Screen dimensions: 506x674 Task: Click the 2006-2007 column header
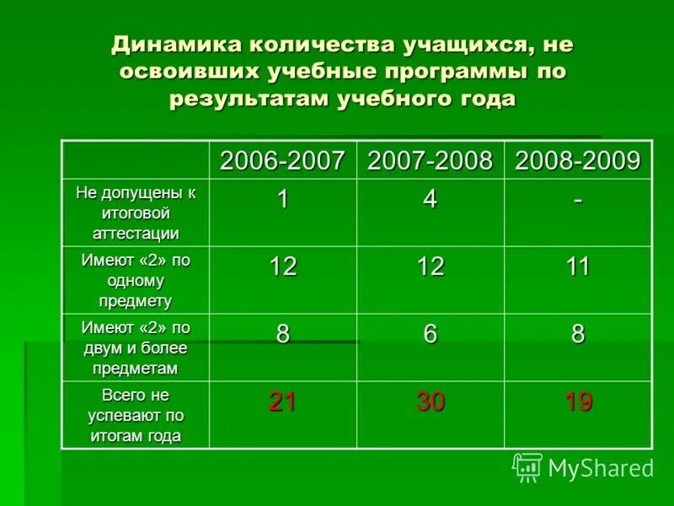click(x=283, y=160)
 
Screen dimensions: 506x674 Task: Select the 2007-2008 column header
click(x=430, y=160)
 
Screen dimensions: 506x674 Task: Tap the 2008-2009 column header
click(x=578, y=160)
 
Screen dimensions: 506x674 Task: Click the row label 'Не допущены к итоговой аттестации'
click(x=136, y=213)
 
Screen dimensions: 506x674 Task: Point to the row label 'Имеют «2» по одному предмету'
click(x=136, y=280)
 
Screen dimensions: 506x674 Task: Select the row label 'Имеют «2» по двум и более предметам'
click(x=136, y=347)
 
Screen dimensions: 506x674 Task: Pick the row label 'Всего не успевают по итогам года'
click(x=136, y=415)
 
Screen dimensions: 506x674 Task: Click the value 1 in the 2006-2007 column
click(x=283, y=200)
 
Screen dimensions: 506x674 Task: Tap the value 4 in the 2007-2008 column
click(x=430, y=200)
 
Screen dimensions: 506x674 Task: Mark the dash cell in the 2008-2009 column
click(x=578, y=200)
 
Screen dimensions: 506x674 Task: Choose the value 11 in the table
click(x=578, y=267)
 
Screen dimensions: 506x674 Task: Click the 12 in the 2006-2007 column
click(x=283, y=267)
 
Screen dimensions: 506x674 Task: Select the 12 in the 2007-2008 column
click(x=430, y=267)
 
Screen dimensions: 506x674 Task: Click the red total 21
click(x=283, y=402)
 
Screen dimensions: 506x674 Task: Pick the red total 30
click(x=430, y=402)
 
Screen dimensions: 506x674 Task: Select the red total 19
click(x=578, y=402)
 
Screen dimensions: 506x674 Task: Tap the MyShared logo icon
click(x=527, y=466)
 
